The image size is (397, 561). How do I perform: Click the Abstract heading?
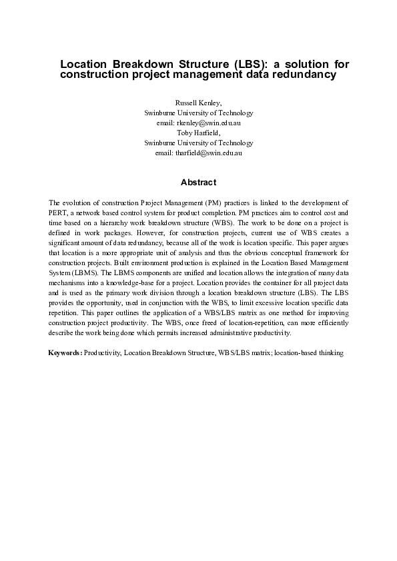click(x=198, y=182)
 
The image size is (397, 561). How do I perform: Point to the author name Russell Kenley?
click(x=198, y=104)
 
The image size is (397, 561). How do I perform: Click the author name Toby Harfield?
click(x=198, y=133)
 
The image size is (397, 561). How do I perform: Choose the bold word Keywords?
click(x=65, y=352)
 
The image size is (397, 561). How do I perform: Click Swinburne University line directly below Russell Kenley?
click(x=198, y=114)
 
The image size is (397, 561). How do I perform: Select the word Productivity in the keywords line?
click(x=101, y=352)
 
